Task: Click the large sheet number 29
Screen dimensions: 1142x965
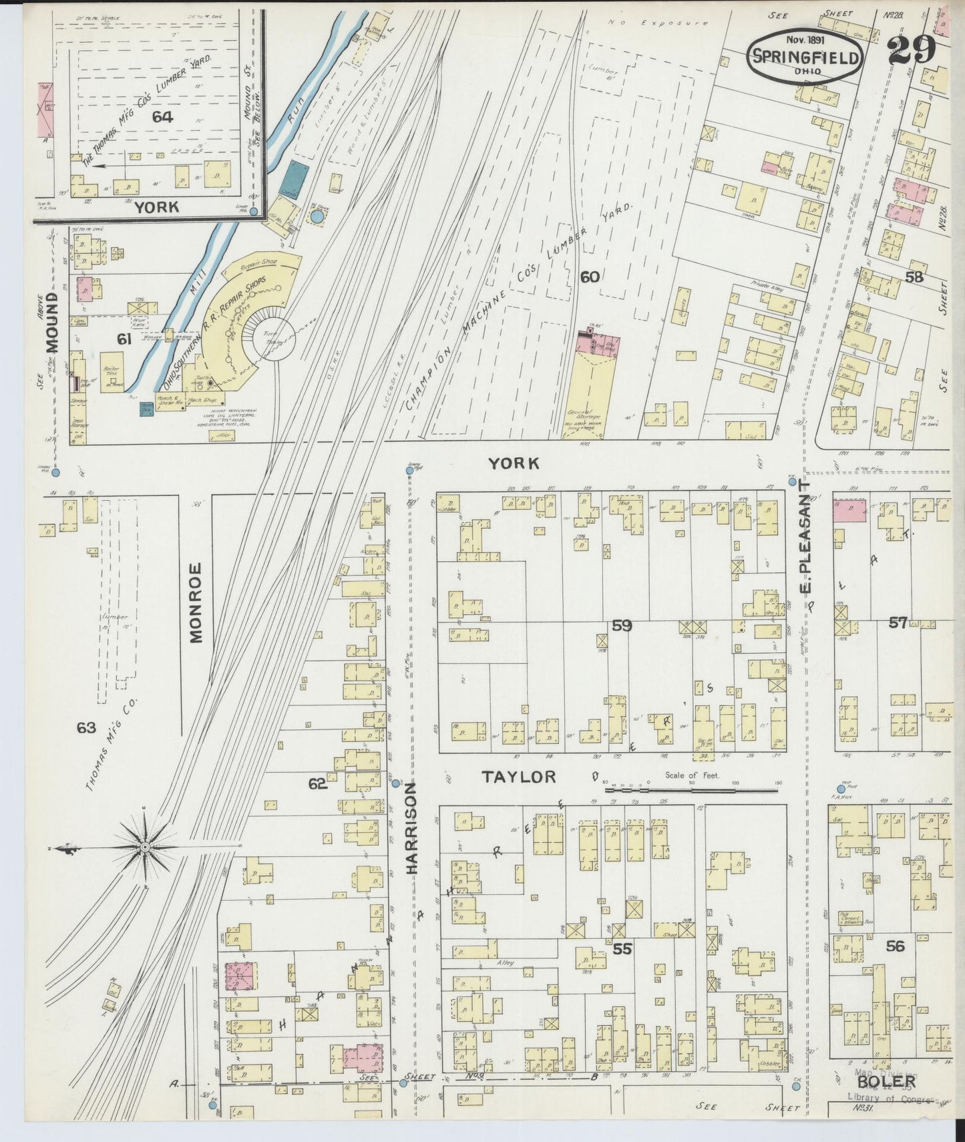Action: (x=912, y=49)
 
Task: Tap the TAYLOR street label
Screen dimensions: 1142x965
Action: (x=519, y=776)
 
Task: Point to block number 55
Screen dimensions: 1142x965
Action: (x=622, y=948)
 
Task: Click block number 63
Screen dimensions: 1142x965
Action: (x=86, y=728)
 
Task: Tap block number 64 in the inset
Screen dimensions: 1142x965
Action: (x=162, y=117)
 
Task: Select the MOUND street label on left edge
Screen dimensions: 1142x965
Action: (x=53, y=322)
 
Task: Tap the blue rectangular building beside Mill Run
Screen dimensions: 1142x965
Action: (x=292, y=179)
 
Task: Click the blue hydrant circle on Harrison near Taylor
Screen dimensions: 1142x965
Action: (x=395, y=783)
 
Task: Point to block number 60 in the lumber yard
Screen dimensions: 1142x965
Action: (x=589, y=277)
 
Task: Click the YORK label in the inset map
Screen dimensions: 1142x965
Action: (x=157, y=207)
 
